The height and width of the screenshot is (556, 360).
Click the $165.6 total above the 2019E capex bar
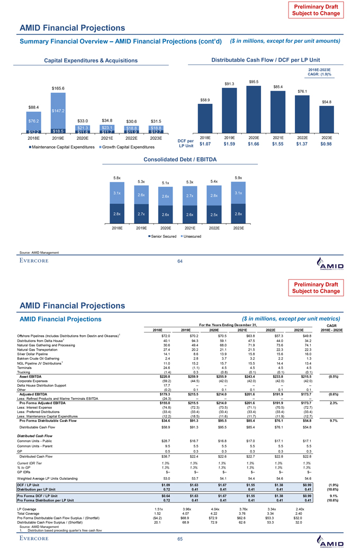coord(58,88)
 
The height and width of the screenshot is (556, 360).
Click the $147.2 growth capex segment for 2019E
coord(58,111)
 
